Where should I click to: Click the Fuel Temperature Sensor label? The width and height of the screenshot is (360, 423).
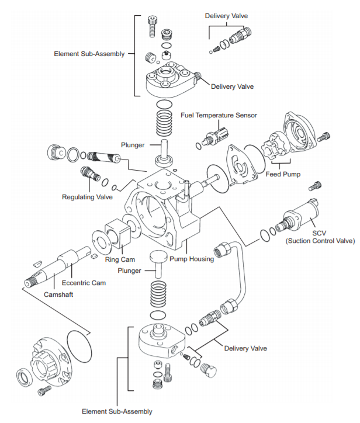click(219, 115)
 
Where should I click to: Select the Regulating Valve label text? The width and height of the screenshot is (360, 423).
click(87, 197)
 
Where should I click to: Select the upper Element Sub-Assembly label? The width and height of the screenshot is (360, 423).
click(89, 54)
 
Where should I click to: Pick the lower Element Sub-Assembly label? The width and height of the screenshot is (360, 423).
click(117, 411)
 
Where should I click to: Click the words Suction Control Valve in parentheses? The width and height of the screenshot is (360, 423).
click(321, 240)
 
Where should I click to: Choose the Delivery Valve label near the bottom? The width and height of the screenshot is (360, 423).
click(245, 348)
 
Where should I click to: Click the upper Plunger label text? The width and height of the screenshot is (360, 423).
click(133, 144)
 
